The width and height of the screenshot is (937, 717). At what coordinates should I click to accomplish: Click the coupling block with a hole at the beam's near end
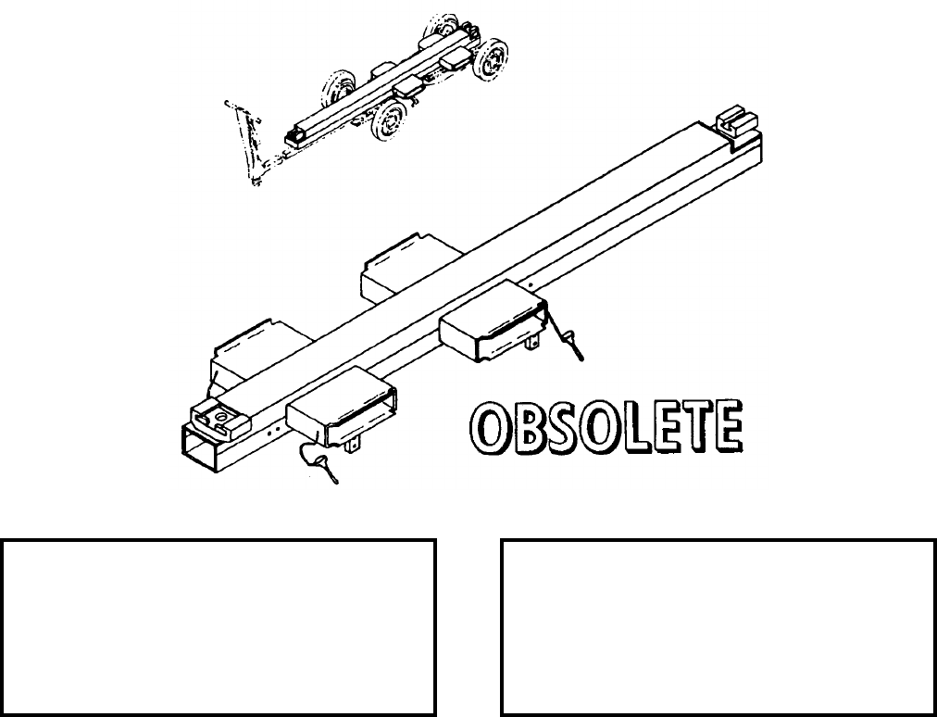(x=219, y=420)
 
